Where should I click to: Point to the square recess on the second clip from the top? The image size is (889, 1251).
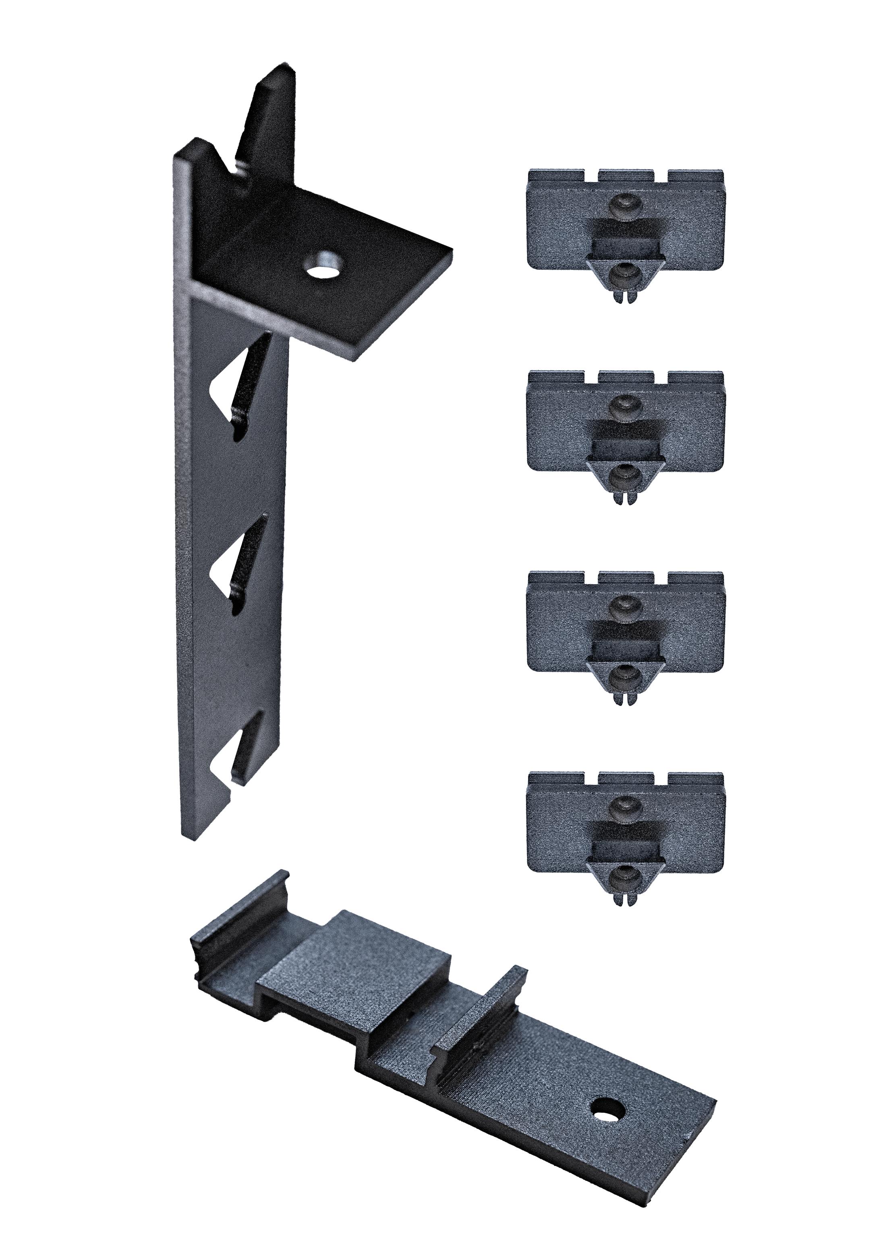[625, 441]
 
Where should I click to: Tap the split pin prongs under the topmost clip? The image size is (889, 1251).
[625, 299]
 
